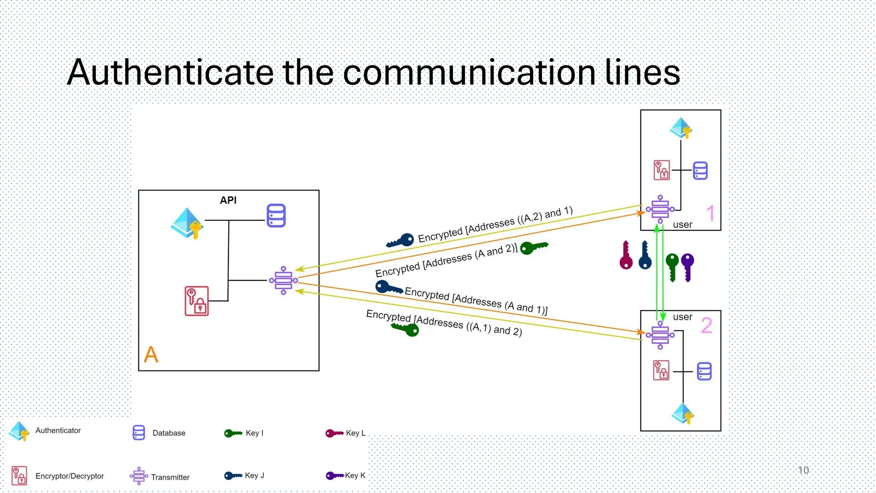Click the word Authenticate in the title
(x=170, y=72)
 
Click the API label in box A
(x=228, y=200)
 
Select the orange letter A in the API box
(x=151, y=354)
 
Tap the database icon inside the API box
(x=276, y=215)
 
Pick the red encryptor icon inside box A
(x=197, y=301)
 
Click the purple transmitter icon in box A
(x=283, y=280)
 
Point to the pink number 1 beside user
(x=710, y=213)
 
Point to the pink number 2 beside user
(x=707, y=325)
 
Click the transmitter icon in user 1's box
(x=660, y=209)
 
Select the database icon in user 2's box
(x=704, y=371)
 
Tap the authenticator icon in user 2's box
(x=683, y=413)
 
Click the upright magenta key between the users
(x=626, y=255)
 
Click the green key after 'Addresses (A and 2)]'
(x=533, y=247)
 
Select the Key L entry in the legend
(x=346, y=433)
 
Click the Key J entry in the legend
(x=244, y=475)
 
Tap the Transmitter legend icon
(x=139, y=476)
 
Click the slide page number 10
(x=803, y=470)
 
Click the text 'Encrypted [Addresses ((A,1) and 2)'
(x=444, y=323)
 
